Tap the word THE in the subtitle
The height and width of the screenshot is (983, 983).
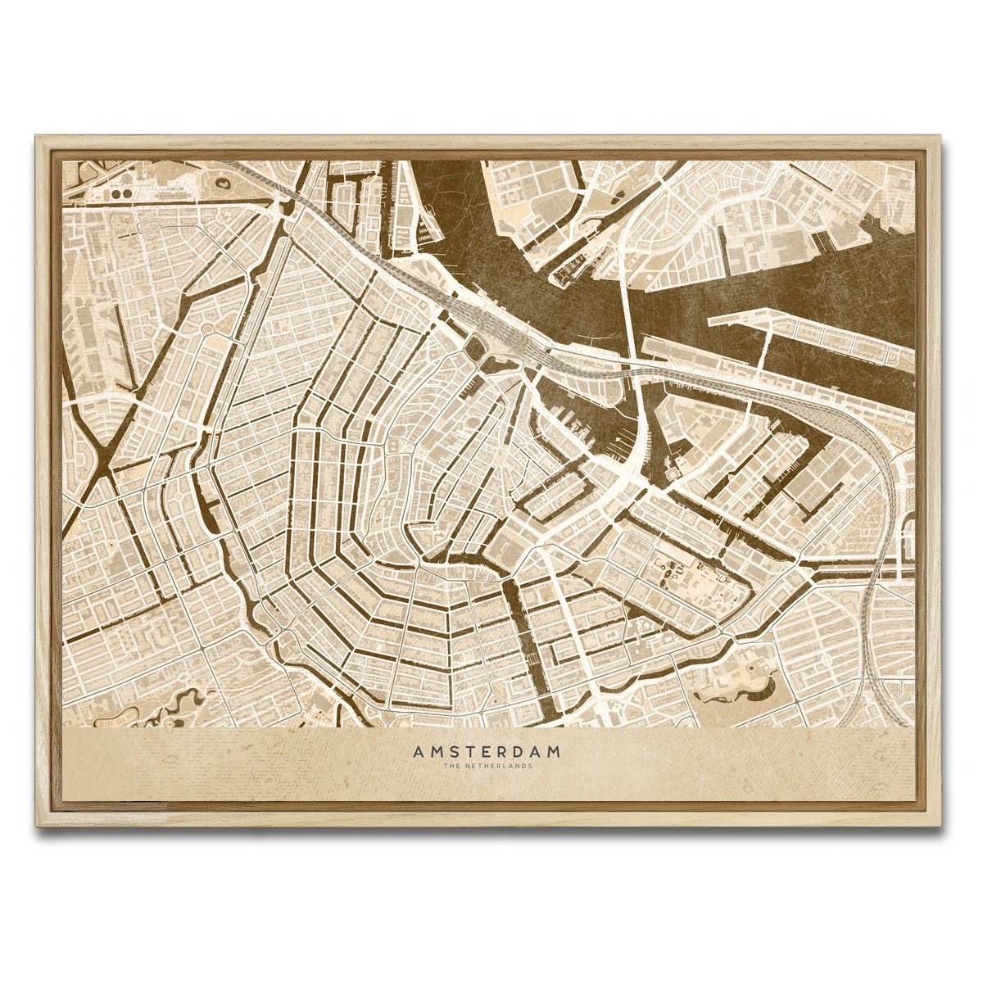451,767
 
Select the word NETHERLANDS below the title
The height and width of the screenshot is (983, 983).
499,767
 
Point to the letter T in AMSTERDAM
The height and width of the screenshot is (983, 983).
452,750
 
